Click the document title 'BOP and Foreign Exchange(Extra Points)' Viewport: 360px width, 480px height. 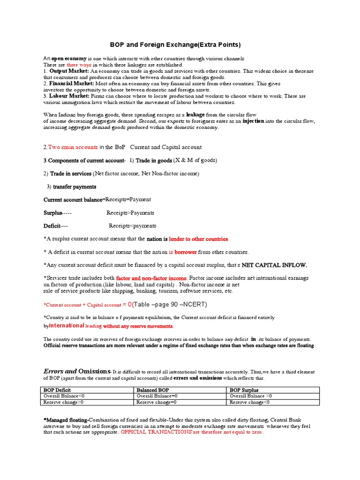pos(175,45)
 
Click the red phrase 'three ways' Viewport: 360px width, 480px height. pos(79,64)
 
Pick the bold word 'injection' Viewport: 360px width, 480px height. pos(253,121)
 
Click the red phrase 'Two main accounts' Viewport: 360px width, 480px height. pos(73,147)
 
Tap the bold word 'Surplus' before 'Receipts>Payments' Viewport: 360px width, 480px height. pos(52,213)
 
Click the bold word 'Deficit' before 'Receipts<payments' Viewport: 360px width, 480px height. pos(52,226)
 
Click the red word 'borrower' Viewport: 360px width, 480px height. pos(186,252)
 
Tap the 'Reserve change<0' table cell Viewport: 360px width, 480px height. pos(249,402)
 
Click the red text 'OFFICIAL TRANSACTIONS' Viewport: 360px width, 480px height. pos(156,432)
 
